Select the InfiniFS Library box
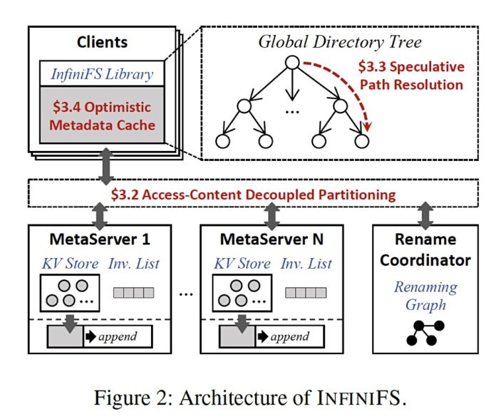(x=106, y=73)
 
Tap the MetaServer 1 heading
(x=98, y=237)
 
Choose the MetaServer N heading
(x=271, y=237)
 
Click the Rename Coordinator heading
(x=425, y=249)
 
